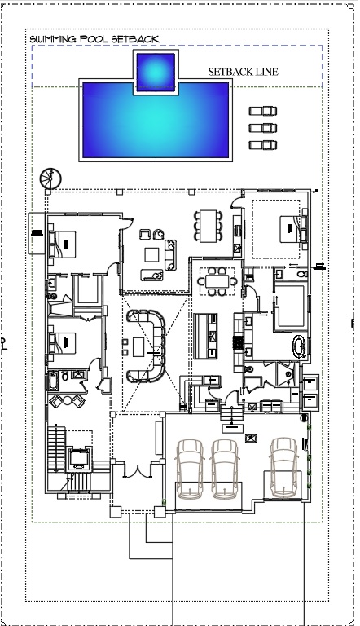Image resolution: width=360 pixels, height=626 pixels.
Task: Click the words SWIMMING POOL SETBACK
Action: pyautogui.click(x=94, y=39)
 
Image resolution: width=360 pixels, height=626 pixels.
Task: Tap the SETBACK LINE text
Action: pyautogui.click(x=243, y=72)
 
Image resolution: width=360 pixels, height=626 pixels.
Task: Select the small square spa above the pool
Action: pyautogui.click(x=156, y=73)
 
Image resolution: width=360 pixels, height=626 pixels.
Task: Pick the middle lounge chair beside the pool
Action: pyautogui.click(x=263, y=128)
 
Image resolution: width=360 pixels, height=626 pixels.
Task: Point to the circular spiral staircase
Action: pyautogui.click(x=50, y=179)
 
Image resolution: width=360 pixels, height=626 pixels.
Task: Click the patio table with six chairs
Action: pyautogui.click(x=208, y=226)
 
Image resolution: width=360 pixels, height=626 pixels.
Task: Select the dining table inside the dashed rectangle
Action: pyautogui.click(x=217, y=281)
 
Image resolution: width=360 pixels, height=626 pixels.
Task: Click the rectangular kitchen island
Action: pyautogui.click(x=205, y=336)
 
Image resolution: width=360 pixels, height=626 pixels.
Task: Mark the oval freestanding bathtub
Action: pyautogui.click(x=298, y=346)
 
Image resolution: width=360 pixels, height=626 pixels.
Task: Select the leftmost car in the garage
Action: pyautogui.click(x=190, y=469)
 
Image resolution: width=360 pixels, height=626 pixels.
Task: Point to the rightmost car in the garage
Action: pyautogui.click(x=283, y=467)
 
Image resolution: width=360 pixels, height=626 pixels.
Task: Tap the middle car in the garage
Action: pyautogui.click(x=224, y=469)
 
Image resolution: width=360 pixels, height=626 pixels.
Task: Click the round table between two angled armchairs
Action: pyautogui.click(x=67, y=400)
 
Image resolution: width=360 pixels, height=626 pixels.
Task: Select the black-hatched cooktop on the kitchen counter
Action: pyautogui.click(x=239, y=342)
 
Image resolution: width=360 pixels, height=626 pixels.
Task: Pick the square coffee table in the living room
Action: pyautogui.click(x=151, y=254)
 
